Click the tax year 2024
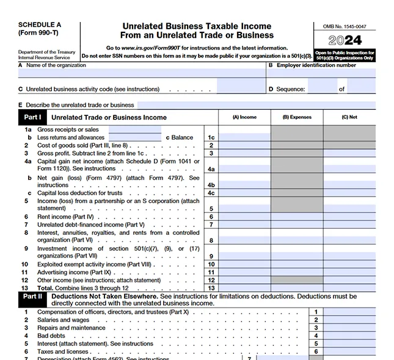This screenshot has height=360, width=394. tap(345, 41)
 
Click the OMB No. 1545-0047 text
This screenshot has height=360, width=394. tap(345, 27)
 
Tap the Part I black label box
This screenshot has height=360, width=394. tap(32, 117)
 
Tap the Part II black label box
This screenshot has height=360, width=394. tap(32, 297)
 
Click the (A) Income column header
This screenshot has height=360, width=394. tap(244, 117)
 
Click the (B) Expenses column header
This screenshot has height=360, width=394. tap(297, 117)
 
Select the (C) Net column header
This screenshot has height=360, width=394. tap(349, 117)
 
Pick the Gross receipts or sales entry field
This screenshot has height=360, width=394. tap(134, 129)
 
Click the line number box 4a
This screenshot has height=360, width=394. tap(211, 169)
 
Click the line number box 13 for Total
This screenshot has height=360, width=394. tap(211, 287)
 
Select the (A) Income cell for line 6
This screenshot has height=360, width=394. tap(244, 217)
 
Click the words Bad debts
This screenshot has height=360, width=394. tap(51, 336)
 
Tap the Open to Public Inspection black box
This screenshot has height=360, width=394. tap(345, 56)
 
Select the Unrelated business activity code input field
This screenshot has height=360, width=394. tap(241, 89)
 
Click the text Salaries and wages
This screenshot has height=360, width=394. tap(63, 320)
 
